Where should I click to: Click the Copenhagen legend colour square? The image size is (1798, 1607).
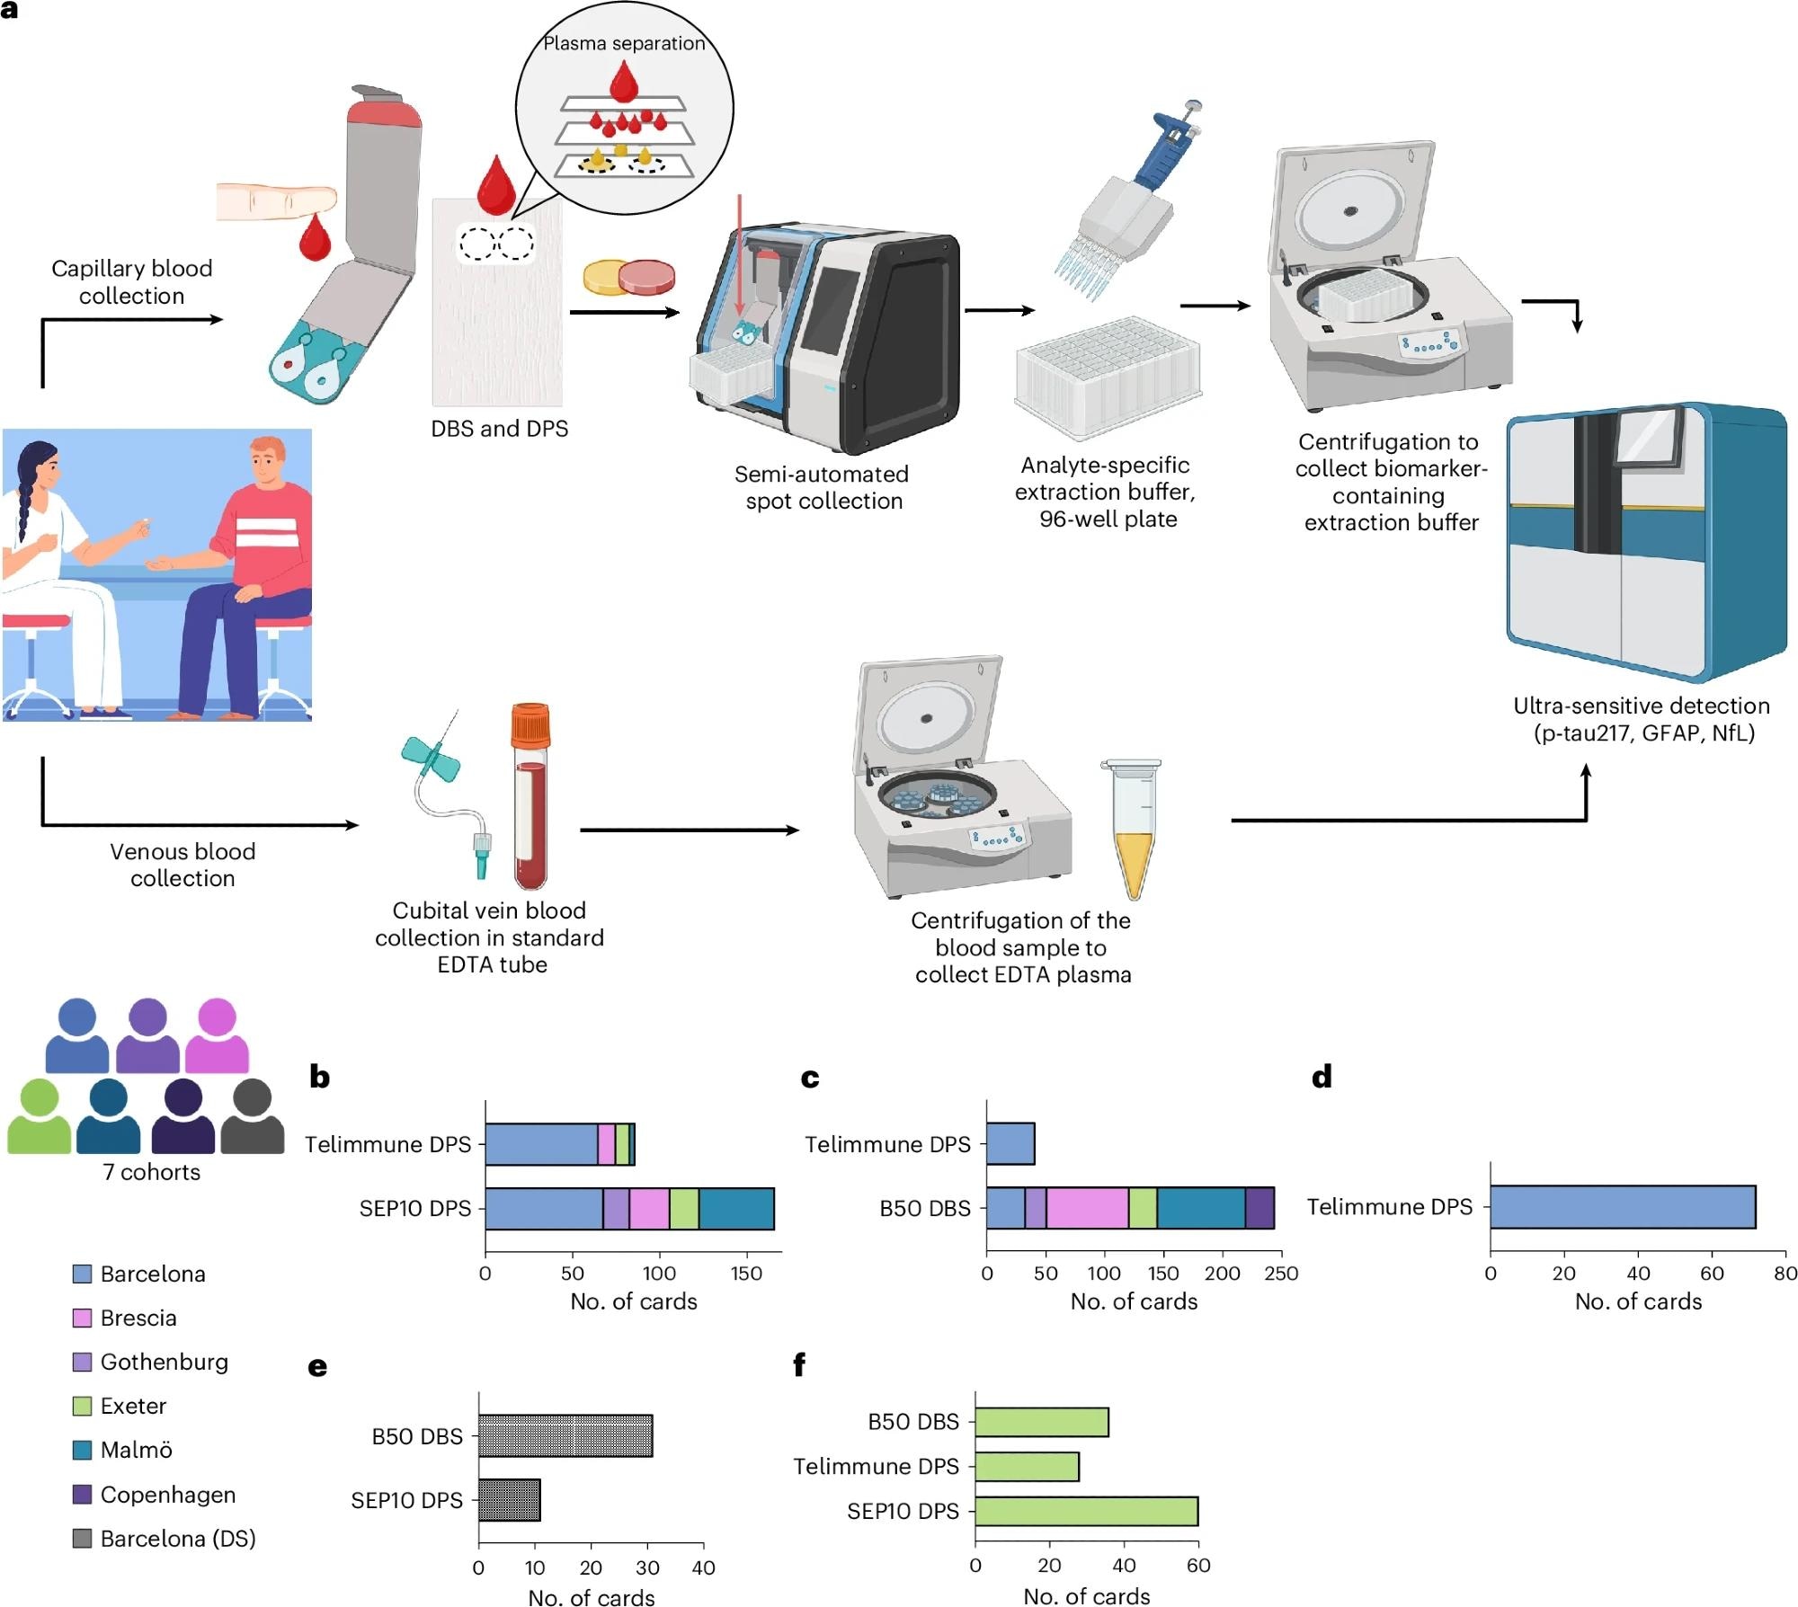click(82, 1494)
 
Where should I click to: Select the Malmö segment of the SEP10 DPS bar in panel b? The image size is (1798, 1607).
click(736, 1208)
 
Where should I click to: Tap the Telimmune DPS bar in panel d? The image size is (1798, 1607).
click(1622, 1206)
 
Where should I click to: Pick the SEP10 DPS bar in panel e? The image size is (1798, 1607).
click(509, 1499)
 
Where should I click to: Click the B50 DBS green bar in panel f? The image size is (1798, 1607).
click(1041, 1422)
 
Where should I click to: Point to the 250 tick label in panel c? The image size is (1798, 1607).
click(1281, 1273)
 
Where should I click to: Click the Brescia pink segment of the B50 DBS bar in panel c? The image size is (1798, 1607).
click(1087, 1208)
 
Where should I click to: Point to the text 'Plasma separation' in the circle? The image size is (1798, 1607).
click(624, 43)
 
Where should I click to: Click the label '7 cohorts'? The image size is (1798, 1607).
click(151, 1172)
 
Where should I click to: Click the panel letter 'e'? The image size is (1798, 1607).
click(317, 1367)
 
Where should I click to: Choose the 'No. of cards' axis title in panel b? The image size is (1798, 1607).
click(633, 1301)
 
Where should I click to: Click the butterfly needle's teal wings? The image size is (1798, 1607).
click(431, 758)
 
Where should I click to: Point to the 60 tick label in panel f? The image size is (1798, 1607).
click(1197, 1565)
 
